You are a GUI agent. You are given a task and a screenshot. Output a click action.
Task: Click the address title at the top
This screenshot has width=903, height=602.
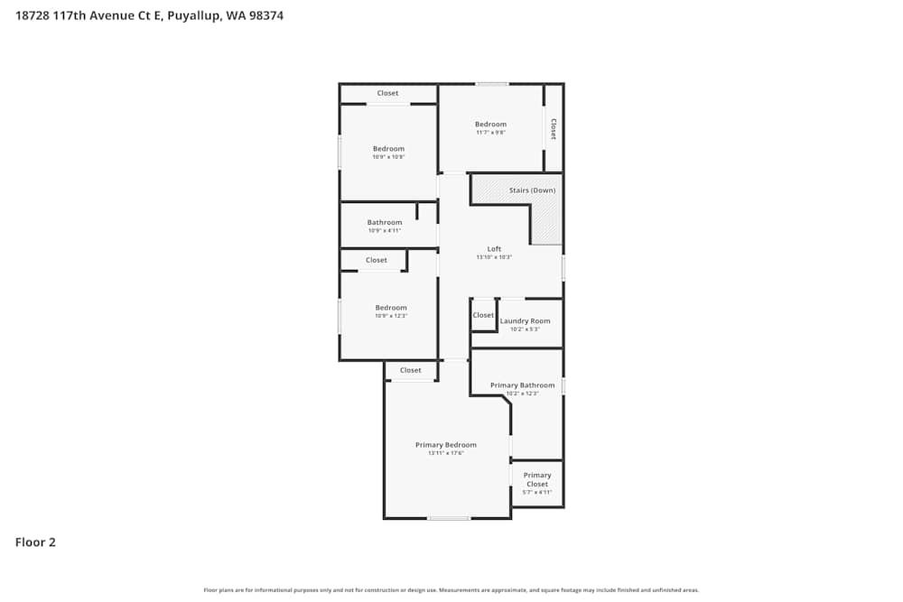pos(150,15)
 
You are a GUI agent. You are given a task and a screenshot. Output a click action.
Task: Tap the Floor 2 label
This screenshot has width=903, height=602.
pos(35,542)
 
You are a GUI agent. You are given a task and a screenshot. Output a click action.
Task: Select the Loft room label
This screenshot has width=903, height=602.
pos(494,249)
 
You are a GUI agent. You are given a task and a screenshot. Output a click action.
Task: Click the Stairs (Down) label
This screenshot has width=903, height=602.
pos(532,190)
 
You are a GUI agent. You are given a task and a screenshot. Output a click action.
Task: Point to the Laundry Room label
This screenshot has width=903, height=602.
pos(525,320)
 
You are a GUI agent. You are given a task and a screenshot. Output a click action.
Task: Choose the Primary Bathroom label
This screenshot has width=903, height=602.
pos(522,385)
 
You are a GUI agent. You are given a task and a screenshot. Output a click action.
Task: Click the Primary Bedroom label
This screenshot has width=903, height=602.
pos(445,445)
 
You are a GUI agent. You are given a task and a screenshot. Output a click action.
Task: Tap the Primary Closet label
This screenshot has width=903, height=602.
pos(537,479)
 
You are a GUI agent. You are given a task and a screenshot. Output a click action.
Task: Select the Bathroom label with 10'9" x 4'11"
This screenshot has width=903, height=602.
pos(385,222)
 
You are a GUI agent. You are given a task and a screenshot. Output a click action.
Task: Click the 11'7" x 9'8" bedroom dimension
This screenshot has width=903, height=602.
pos(490,133)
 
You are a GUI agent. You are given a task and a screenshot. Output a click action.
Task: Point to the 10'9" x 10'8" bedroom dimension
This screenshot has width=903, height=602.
pos(388,157)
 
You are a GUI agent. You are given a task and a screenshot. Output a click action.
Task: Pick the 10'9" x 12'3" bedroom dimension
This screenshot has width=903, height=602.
pos(391,316)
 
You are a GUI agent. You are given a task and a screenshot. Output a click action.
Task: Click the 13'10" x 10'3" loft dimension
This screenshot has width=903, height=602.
pos(494,257)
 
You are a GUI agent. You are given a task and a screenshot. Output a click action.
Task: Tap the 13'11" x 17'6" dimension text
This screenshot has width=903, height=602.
pos(445,453)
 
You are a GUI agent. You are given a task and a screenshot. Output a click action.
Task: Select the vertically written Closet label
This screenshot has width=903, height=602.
pos(554,129)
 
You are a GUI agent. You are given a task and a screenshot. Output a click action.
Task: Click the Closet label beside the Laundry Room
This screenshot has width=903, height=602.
pos(483,315)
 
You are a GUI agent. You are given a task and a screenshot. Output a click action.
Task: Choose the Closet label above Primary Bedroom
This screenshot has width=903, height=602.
pos(411,370)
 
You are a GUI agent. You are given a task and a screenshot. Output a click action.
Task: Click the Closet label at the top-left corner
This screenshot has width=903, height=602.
pos(387,93)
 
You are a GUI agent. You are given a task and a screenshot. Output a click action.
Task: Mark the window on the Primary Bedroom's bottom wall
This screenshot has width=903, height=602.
pos(449,518)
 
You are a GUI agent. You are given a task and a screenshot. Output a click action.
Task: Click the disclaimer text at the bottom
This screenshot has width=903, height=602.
pos(451,590)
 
